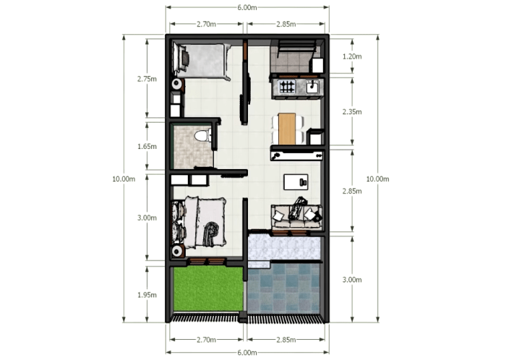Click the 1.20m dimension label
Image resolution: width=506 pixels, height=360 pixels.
[352, 56]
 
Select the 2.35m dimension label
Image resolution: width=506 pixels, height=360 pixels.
[352, 112]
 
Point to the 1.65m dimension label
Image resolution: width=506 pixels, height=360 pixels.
[147, 146]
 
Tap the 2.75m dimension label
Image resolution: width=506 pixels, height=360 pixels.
[147, 80]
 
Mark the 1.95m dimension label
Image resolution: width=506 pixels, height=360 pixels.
[147, 294]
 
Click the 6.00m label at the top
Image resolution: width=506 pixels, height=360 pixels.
[246, 7]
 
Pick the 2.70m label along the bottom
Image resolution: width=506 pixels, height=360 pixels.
[206, 339]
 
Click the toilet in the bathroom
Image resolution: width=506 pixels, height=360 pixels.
[203, 135]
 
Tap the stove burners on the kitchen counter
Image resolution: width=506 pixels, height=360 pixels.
[286, 88]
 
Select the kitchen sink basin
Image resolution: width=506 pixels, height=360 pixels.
[312, 87]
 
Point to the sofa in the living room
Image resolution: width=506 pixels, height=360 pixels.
[296, 216]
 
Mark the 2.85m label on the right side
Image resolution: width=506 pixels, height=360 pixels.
[352, 191]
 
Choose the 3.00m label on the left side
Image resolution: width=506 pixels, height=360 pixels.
[147, 217]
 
